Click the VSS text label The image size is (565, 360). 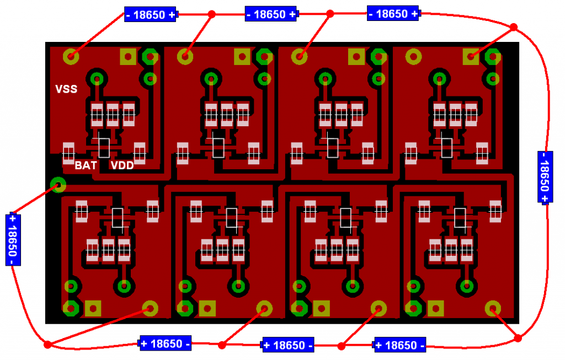66,89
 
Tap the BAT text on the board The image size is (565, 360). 86,165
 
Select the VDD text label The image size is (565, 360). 122,165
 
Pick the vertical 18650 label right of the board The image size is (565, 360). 544,177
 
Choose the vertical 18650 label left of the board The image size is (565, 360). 13,239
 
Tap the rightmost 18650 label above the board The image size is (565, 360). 393,14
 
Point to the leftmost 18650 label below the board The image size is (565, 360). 166,343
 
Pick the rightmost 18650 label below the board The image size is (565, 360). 399,345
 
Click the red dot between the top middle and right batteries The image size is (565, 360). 330,14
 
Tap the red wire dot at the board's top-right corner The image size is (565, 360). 513,27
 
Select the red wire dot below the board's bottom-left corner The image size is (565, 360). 47,345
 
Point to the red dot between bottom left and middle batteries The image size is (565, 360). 222,345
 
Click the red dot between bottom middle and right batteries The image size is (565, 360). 341,346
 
